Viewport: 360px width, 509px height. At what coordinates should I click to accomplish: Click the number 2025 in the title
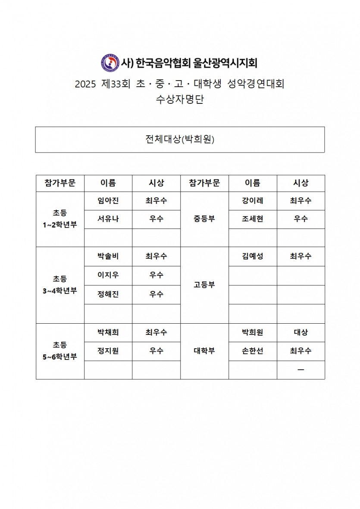click(x=85, y=84)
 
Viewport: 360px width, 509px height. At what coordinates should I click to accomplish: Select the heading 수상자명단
click(x=180, y=100)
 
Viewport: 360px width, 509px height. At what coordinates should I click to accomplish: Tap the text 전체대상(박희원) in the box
click(x=180, y=139)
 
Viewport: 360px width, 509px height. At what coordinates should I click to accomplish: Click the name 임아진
click(x=108, y=201)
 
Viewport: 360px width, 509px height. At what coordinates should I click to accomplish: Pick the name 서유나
click(x=108, y=219)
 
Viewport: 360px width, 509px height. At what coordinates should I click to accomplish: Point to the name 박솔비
click(x=108, y=256)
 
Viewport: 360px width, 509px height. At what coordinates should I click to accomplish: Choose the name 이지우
click(x=108, y=275)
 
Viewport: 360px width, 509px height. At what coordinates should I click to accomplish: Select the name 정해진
click(x=108, y=294)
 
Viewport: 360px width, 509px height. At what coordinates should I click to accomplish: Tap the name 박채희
click(x=108, y=332)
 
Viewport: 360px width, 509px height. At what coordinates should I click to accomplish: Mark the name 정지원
click(x=108, y=351)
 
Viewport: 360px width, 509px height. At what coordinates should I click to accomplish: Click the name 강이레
click(x=253, y=201)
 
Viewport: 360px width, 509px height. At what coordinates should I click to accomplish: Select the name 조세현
click(x=253, y=219)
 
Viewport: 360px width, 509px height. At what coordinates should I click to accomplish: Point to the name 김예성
click(x=253, y=256)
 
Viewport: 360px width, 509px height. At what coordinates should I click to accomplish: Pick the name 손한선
click(x=253, y=351)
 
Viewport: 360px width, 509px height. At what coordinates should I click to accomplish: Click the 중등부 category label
click(x=204, y=219)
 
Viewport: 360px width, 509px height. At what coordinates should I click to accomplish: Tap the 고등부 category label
click(x=204, y=285)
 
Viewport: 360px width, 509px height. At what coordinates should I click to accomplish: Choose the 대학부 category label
click(x=204, y=351)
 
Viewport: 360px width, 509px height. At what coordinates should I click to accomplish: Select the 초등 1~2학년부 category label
click(x=60, y=219)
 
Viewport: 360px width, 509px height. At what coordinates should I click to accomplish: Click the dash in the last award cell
click(x=301, y=370)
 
